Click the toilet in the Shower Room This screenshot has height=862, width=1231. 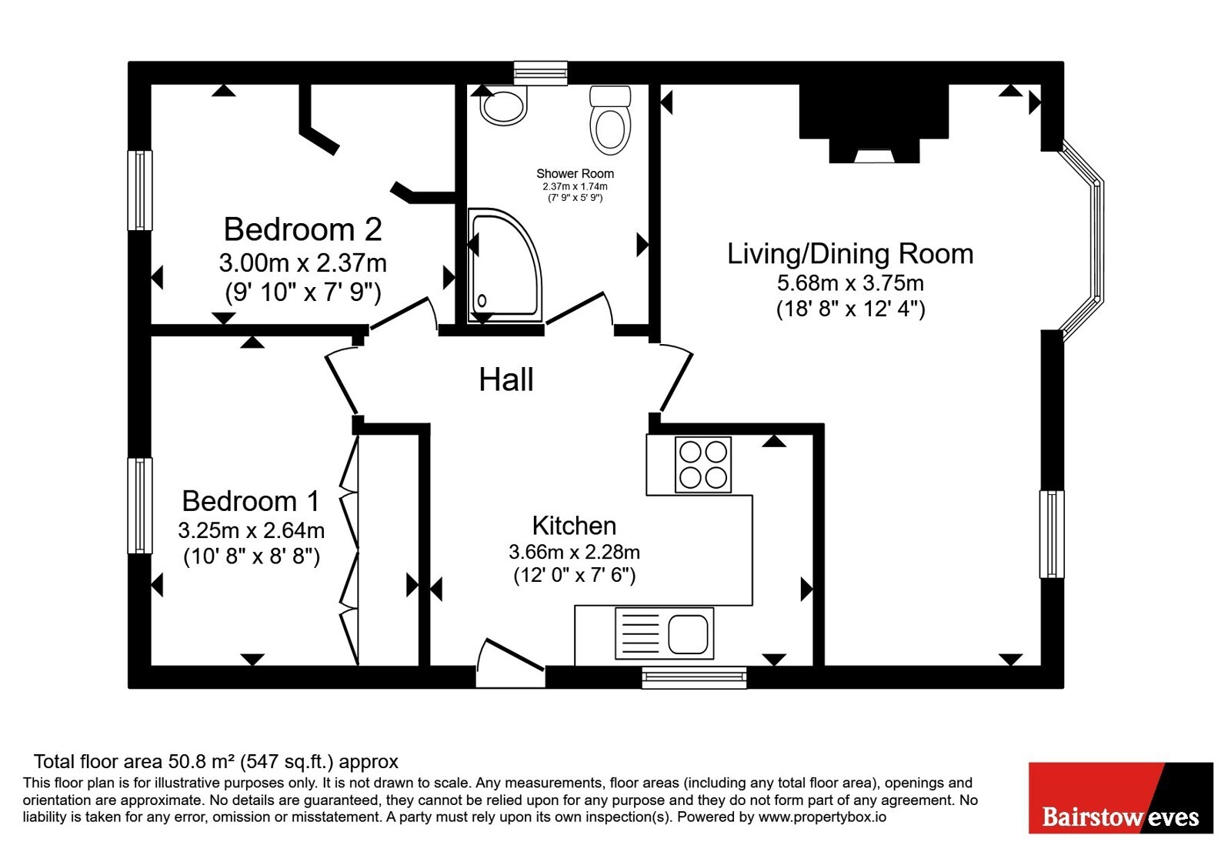610,121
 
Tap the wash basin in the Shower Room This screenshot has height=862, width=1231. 503,105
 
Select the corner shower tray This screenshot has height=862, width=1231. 505,266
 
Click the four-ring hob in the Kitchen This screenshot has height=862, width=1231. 703,465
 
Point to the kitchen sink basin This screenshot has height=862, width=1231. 688,634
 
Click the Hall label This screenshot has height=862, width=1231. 506,380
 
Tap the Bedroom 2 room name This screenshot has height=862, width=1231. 303,229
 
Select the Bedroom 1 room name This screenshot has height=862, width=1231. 251,501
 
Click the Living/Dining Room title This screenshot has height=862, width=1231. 850,254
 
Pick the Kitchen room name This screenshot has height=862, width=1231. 574,526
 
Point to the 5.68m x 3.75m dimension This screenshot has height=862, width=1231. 850,283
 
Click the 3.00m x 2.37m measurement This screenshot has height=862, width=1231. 303,263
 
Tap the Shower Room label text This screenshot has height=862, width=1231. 575,174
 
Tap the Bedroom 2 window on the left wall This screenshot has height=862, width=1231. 140,190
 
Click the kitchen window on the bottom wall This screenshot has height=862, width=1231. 694,677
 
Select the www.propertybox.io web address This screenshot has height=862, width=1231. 822,817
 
